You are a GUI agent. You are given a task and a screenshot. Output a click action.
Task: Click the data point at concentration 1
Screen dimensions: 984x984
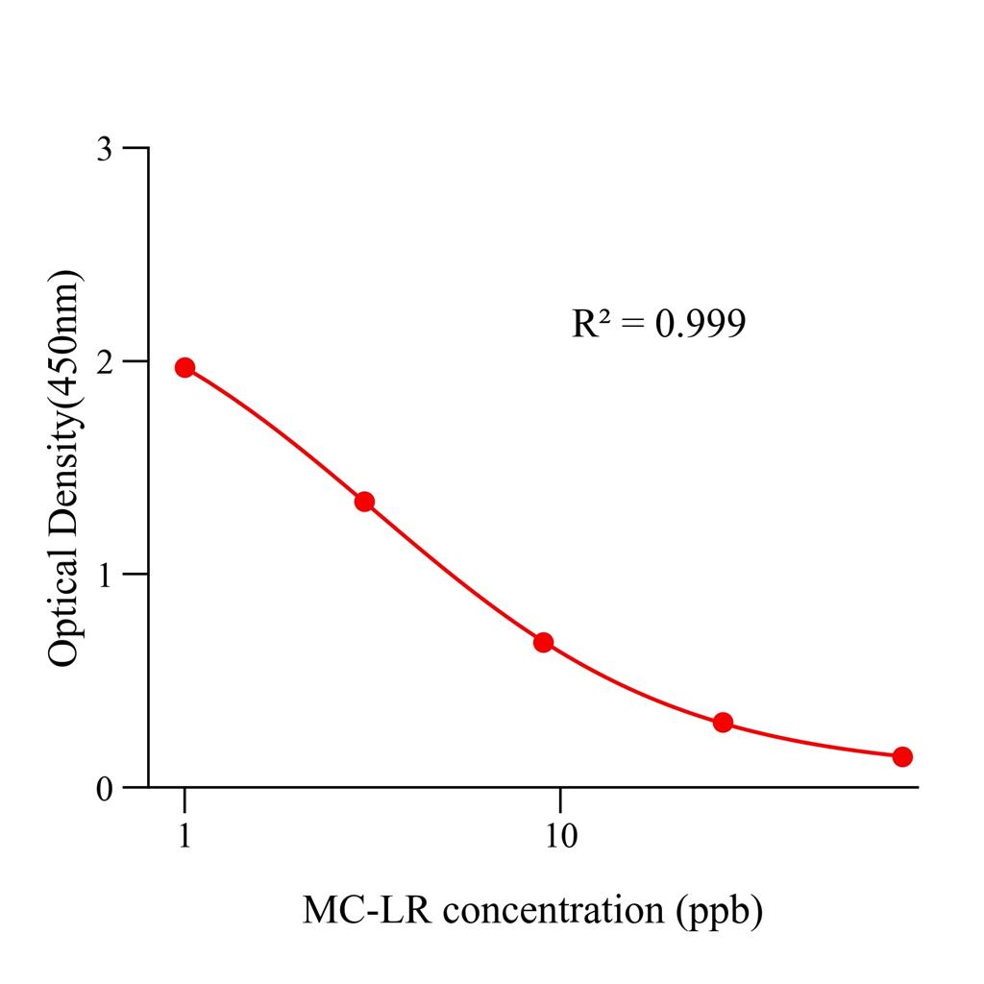point(184,367)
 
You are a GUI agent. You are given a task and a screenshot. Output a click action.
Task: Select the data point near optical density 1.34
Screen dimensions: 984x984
point(364,502)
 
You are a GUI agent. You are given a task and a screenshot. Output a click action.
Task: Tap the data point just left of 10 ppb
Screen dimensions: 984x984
point(543,642)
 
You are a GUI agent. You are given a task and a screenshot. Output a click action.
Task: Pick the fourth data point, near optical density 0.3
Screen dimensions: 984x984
point(723,723)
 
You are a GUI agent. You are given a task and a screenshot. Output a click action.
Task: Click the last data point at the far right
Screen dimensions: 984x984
point(902,756)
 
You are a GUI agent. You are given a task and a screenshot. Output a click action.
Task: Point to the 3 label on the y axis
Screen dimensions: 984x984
point(106,149)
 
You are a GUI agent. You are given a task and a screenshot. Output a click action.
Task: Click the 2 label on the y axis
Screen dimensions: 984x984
point(106,361)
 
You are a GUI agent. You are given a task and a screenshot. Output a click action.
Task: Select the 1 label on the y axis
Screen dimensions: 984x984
point(106,575)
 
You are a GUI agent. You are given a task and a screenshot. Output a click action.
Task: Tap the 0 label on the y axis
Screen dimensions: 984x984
point(106,788)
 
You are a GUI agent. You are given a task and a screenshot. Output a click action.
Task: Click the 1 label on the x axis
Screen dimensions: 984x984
point(184,838)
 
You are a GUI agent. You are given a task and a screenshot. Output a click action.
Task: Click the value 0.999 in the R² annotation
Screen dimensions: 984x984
point(700,325)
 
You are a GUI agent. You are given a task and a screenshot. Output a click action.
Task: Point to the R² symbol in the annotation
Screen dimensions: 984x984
point(592,325)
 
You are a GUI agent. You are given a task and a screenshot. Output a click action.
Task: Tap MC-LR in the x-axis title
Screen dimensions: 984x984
point(352,910)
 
